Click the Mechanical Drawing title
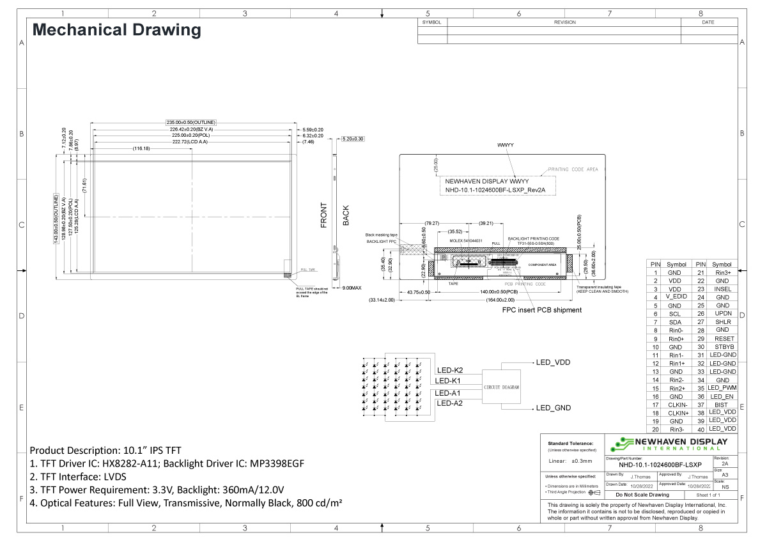[x=116, y=30]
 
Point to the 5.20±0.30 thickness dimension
[x=353, y=139]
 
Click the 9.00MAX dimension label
[x=352, y=288]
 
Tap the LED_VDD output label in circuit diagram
[x=553, y=362]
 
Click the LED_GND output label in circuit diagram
[x=553, y=408]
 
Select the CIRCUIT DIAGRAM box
[x=502, y=387]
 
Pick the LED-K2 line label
[x=449, y=370]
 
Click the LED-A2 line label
[x=449, y=403]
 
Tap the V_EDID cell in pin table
[x=676, y=297]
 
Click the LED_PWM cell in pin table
[x=723, y=388]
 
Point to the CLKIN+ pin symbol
[x=676, y=413]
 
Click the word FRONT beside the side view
[x=324, y=215]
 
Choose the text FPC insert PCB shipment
[x=541, y=310]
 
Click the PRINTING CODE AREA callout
[x=573, y=170]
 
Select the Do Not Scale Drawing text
[x=642, y=495]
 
